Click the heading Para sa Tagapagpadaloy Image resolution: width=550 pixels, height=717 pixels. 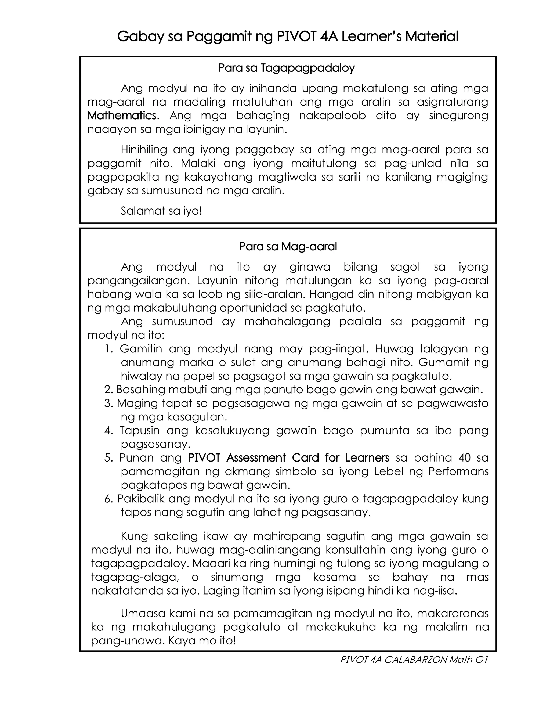click(x=287, y=68)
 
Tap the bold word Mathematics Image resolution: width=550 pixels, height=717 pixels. click(x=122, y=116)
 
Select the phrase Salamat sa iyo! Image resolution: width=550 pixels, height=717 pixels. click(x=161, y=211)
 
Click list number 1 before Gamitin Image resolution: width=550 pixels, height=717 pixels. click(x=109, y=349)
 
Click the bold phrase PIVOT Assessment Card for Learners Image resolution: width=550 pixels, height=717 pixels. click(x=288, y=457)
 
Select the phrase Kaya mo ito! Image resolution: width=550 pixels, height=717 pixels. click(x=202, y=640)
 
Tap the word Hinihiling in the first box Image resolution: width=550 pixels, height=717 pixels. click(x=144, y=150)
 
